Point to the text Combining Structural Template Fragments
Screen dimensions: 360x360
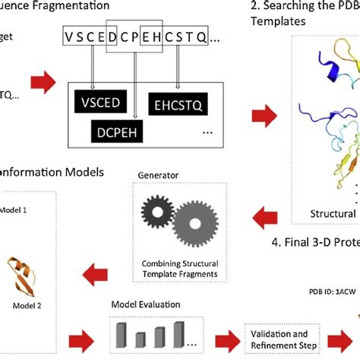164,268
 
